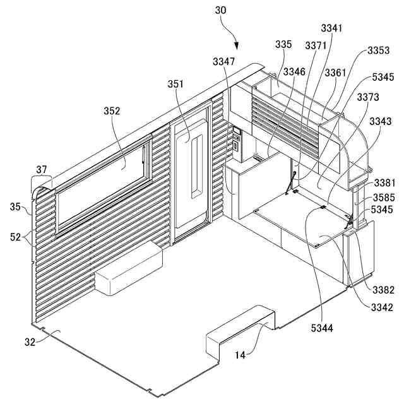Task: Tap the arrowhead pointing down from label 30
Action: coord(237,46)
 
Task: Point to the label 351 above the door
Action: coord(176,84)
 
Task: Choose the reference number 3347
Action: coord(224,61)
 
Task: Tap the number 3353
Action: coord(379,50)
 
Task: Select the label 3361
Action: coord(336,73)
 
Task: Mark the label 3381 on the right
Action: coord(383,183)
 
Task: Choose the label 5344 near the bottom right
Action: coord(322,328)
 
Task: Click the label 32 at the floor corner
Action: coord(30,342)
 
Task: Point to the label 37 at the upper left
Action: coord(42,169)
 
